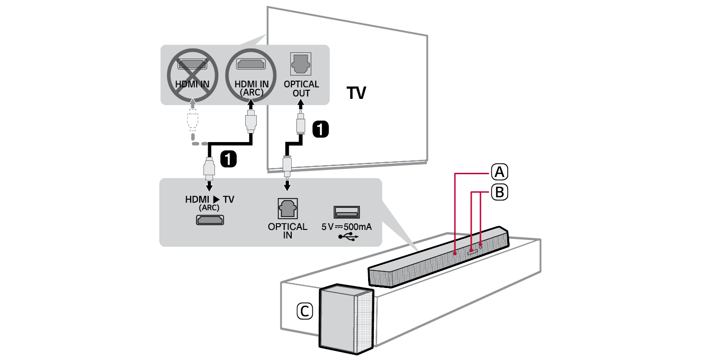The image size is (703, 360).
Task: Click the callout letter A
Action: [x=499, y=171]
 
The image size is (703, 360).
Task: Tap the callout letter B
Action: [x=499, y=192]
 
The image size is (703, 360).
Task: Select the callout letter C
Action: [x=304, y=312]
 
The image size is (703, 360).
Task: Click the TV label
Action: [x=356, y=93]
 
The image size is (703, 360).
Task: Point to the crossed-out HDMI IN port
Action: [x=192, y=64]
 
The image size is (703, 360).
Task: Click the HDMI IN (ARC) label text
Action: [x=251, y=88]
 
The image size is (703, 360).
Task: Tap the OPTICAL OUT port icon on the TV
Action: [x=301, y=63]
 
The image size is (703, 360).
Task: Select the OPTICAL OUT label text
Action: [x=301, y=89]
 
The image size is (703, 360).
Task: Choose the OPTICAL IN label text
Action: [x=287, y=230]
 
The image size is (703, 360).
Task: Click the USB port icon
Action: [x=346, y=212]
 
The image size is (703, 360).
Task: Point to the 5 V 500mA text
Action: [x=346, y=227]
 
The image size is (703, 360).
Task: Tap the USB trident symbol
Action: [x=346, y=237]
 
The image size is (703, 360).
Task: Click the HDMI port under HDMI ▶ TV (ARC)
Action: [x=209, y=220]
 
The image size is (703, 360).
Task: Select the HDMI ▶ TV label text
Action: [x=210, y=199]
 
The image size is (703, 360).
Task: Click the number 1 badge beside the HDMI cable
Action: [x=228, y=159]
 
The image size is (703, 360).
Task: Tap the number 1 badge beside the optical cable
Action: [x=321, y=129]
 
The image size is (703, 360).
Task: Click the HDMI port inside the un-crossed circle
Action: [x=251, y=63]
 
